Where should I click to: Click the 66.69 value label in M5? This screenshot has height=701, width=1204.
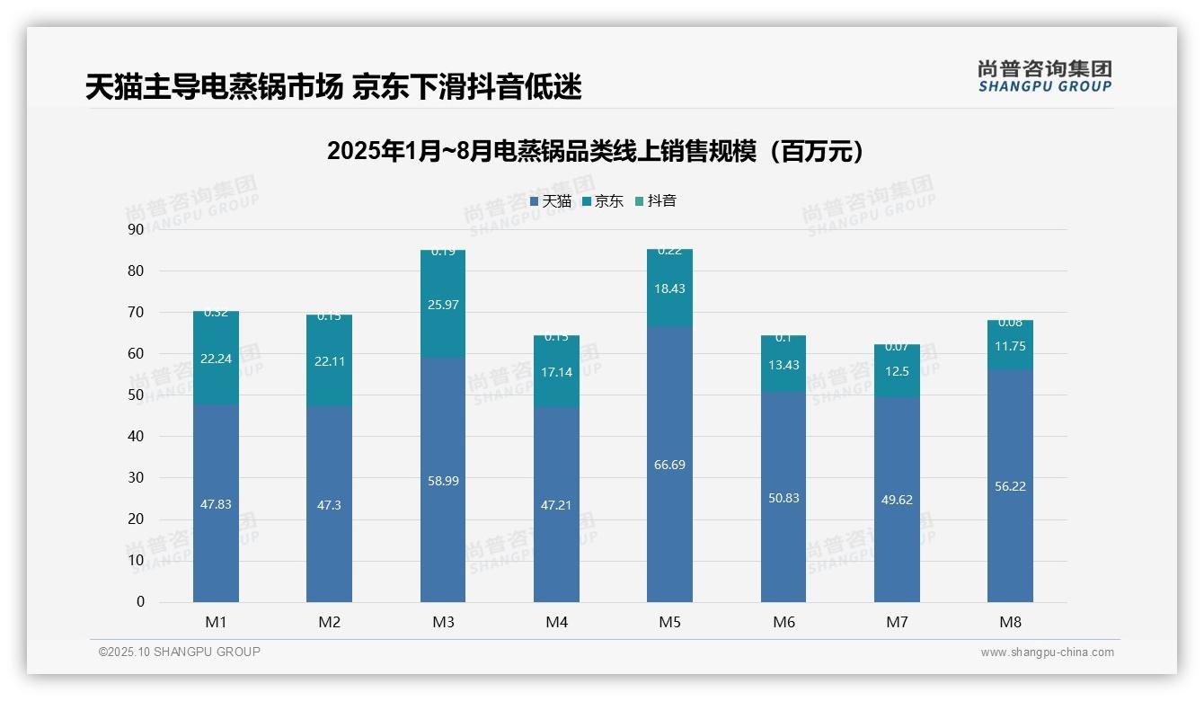[x=669, y=465]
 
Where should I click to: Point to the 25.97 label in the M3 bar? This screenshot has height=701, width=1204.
[x=443, y=305]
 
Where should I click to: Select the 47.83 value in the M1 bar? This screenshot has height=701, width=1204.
[x=216, y=504]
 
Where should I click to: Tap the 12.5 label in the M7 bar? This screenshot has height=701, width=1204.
[x=897, y=371]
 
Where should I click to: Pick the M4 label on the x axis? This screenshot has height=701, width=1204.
[x=556, y=622]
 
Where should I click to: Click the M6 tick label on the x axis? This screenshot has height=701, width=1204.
[x=783, y=622]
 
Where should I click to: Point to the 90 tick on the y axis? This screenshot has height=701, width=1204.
[x=136, y=229]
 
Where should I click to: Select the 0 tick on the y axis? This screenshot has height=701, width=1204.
[x=140, y=602]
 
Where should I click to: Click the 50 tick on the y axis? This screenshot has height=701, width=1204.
[x=136, y=395]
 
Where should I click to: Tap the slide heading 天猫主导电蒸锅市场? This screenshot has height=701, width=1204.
[x=333, y=87]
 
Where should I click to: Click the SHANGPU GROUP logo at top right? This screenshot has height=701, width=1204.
[x=1044, y=76]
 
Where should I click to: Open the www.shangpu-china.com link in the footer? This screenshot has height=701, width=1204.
[x=1047, y=652]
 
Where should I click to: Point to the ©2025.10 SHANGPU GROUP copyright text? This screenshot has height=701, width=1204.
[x=180, y=652]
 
